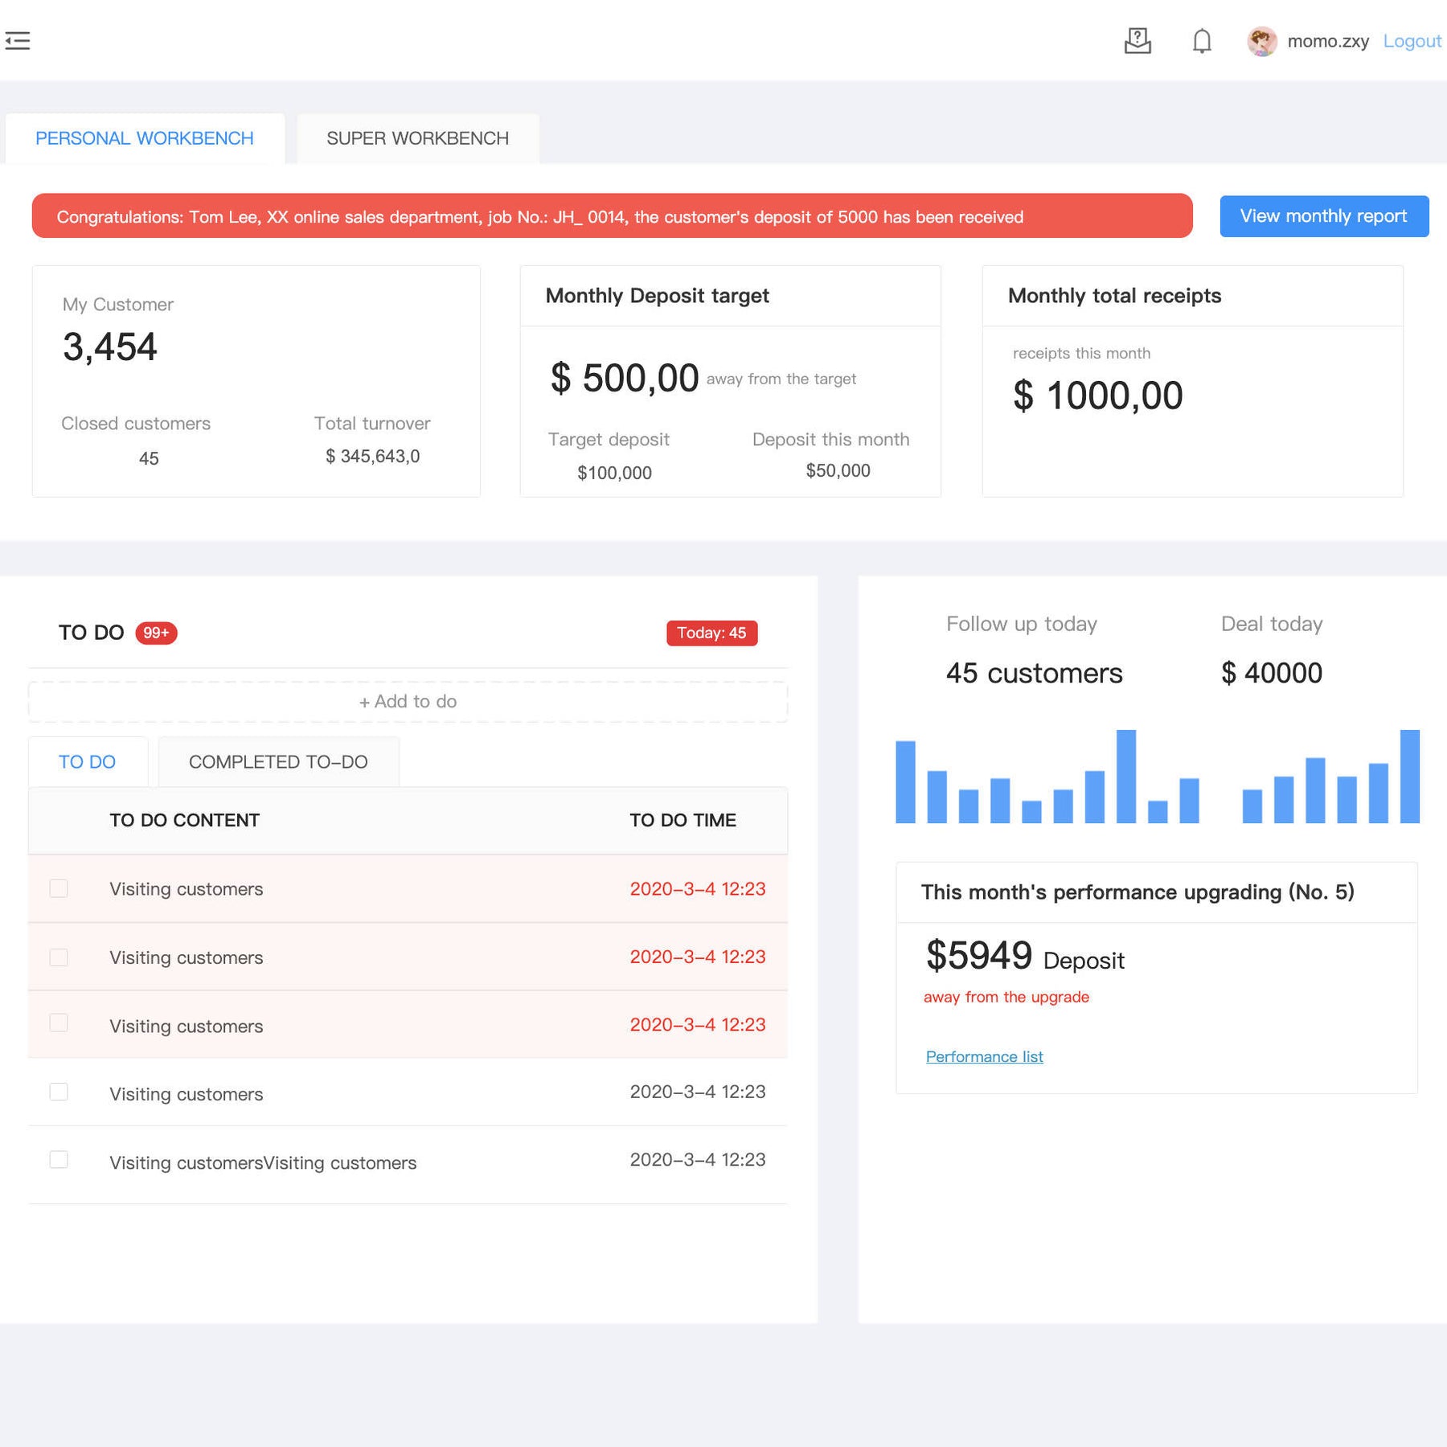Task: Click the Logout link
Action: point(1411,41)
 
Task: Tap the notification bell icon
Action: point(1201,41)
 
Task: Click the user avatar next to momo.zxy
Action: point(1261,41)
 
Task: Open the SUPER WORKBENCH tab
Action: point(417,138)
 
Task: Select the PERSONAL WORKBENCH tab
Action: point(145,138)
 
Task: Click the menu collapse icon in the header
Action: point(18,41)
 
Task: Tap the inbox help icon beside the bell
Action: point(1138,41)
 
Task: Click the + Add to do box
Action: point(408,702)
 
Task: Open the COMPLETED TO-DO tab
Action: point(278,762)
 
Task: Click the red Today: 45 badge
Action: point(711,633)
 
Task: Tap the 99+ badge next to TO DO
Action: point(156,633)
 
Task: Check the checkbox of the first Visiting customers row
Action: point(59,888)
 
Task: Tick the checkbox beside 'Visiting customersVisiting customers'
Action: point(59,1159)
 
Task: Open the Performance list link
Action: point(984,1057)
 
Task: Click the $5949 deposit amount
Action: point(978,956)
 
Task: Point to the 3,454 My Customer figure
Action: point(110,347)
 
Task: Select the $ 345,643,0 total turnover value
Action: point(372,457)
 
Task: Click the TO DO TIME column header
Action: point(683,821)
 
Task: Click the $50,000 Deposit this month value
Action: point(838,471)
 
